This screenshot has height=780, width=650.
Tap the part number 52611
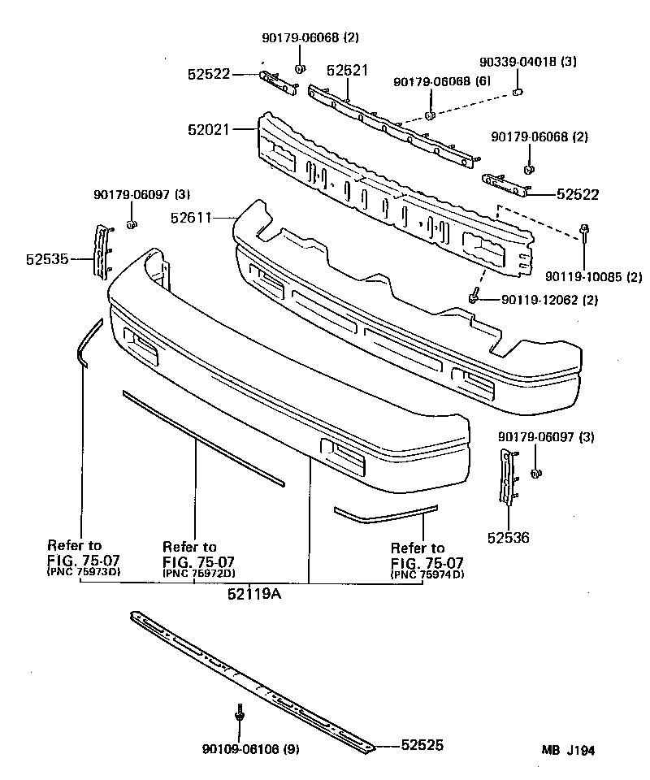coord(193,217)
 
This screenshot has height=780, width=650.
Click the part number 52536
coord(509,536)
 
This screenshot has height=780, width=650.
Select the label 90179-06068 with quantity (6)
coord(442,83)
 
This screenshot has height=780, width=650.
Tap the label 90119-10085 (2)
coord(582,277)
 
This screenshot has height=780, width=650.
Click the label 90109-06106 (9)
coord(250,749)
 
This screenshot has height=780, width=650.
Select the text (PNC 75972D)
coord(199,573)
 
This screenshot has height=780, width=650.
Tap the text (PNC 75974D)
coord(427,574)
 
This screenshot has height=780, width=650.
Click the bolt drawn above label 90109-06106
coord(240,712)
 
